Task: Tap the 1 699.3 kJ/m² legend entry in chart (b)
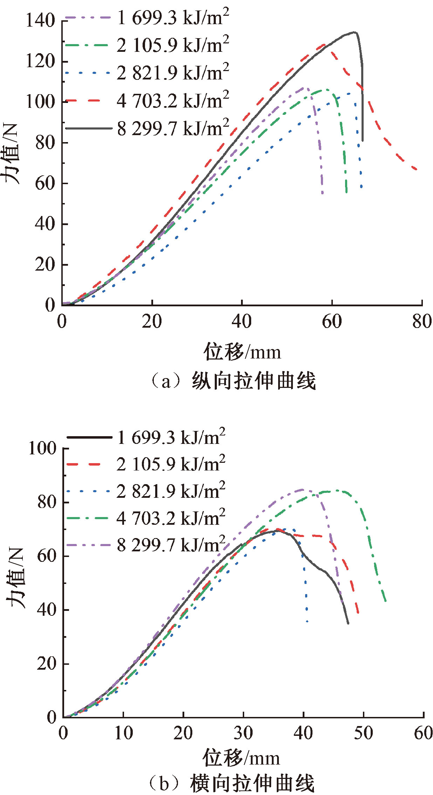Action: point(171,437)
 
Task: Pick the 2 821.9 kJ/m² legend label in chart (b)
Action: point(171,491)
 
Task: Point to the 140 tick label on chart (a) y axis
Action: point(41,21)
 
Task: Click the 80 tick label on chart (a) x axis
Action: point(422,321)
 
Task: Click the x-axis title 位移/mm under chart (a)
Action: point(242,352)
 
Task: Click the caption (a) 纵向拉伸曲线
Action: point(233,381)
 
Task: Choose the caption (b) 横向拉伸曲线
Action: point(232,783)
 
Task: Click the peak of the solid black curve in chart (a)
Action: point(355,32)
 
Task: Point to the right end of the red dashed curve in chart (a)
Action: point(417,170)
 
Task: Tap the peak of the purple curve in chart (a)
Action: point(305,88)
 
